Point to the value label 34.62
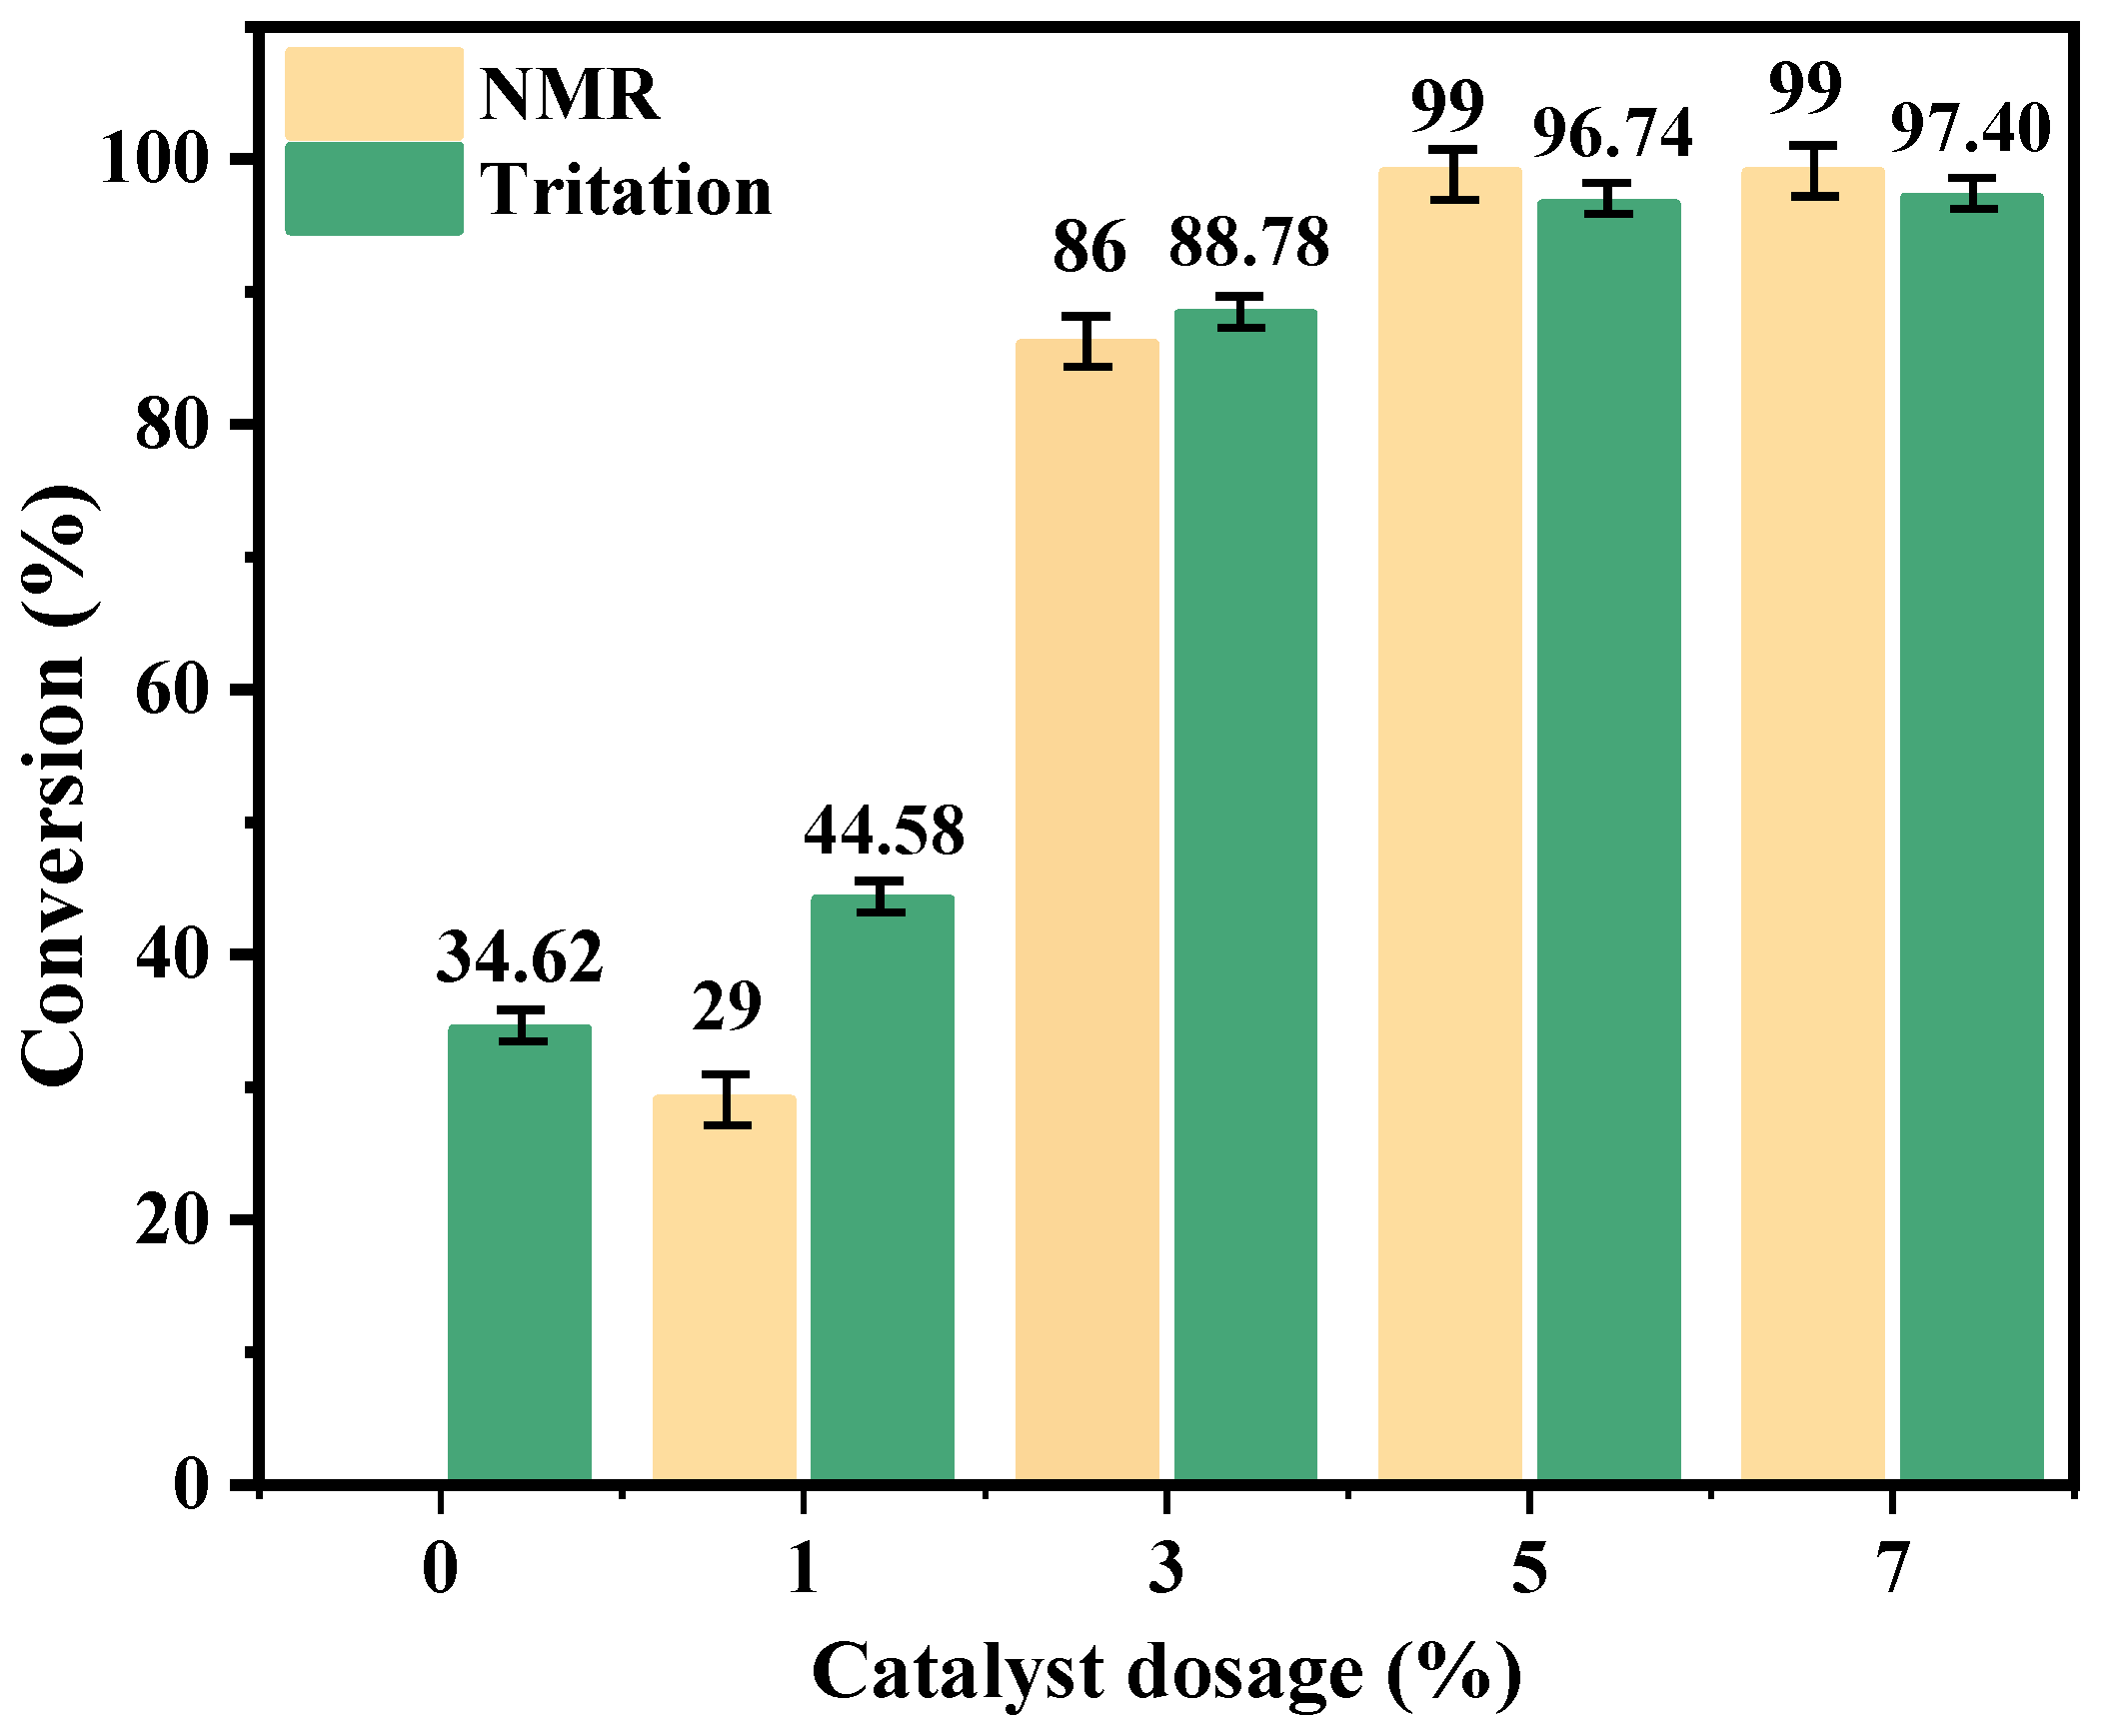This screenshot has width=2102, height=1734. [x=519, y=956]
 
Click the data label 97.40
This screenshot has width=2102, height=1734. [x=1970, y=129]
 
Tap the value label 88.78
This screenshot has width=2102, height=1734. [x=1248, y=242]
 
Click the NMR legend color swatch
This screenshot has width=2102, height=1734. [x=374, y=94]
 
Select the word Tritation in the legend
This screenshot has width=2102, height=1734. [x=626, y=190]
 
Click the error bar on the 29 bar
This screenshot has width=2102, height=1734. [x=727, y=1099]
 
